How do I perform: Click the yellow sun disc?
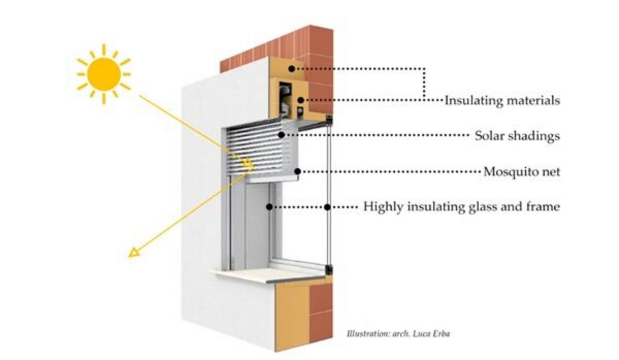pos(104,74)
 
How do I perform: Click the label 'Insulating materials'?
pos(502,101)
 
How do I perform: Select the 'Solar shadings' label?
pos(517,136)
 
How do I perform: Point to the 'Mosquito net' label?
pos(522,171)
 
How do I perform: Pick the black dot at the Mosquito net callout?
pos(298,171)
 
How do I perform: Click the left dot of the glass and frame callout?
pos(268,207)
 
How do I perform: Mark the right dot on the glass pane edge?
pos(327,207)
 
